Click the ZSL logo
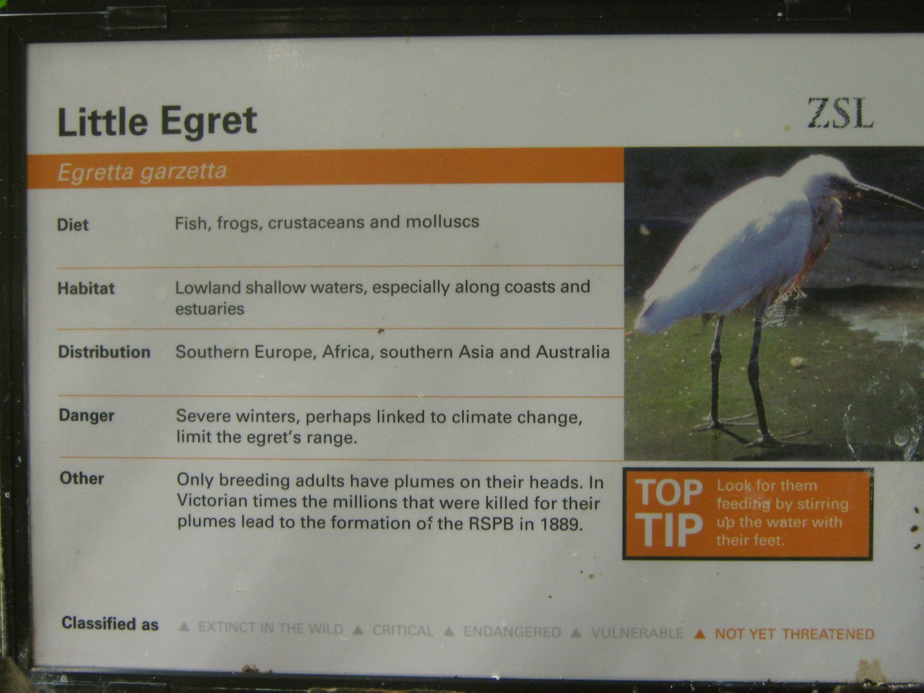[840, 114]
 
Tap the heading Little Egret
[157, 121]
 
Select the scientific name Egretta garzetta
[142, 172]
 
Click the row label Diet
[73, 225]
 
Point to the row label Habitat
[86, 288]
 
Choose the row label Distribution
[104, 352]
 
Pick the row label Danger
[87, 415]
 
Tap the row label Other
[81, 478]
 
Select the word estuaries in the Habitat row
[210, 309]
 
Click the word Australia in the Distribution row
[572, 352]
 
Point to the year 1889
[560, 524]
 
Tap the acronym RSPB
[492, 524]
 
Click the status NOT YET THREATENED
[794, 634]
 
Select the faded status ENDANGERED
[512, 632]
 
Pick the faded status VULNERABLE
[637, 633]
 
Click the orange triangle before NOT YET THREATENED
[700, 634]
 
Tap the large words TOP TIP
[669, 513]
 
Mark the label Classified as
[110, 624]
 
